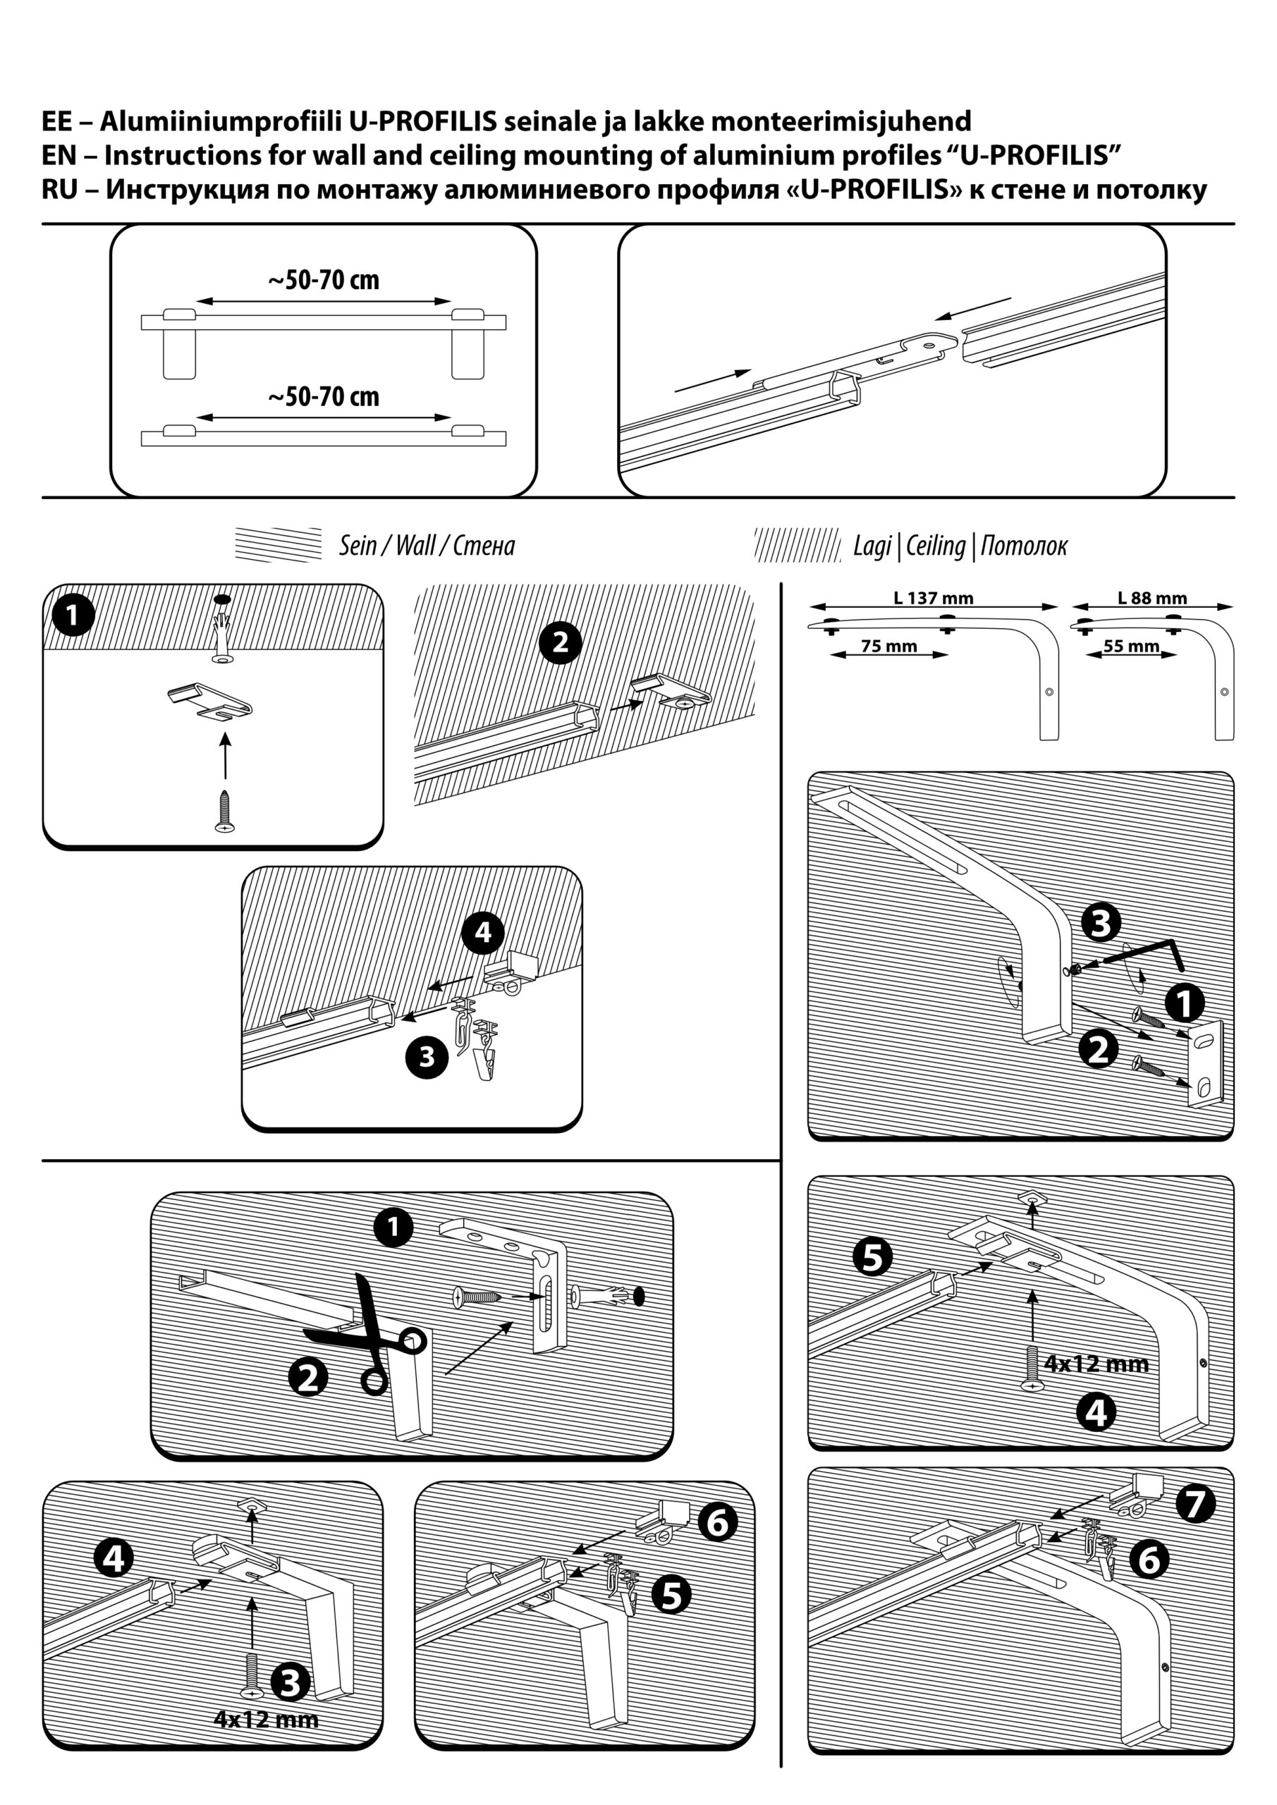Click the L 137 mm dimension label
tap(934, 599)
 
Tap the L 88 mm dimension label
tap(1152, 599)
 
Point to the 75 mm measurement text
tap(889, 647)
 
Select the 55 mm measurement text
tap(1132, 647)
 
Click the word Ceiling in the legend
tap(936, 546)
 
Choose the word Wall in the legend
tap(416, 546)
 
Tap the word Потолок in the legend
tap(1024, 546)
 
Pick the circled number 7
tap(1195, 1504)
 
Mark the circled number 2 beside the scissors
tap(308, 1377)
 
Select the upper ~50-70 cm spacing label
tap(324, 281)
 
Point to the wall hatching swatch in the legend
tap(279, 545)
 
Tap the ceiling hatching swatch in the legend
tap(798, 545)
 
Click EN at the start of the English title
tap(60, 156)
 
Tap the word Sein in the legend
tap(357, 546)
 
